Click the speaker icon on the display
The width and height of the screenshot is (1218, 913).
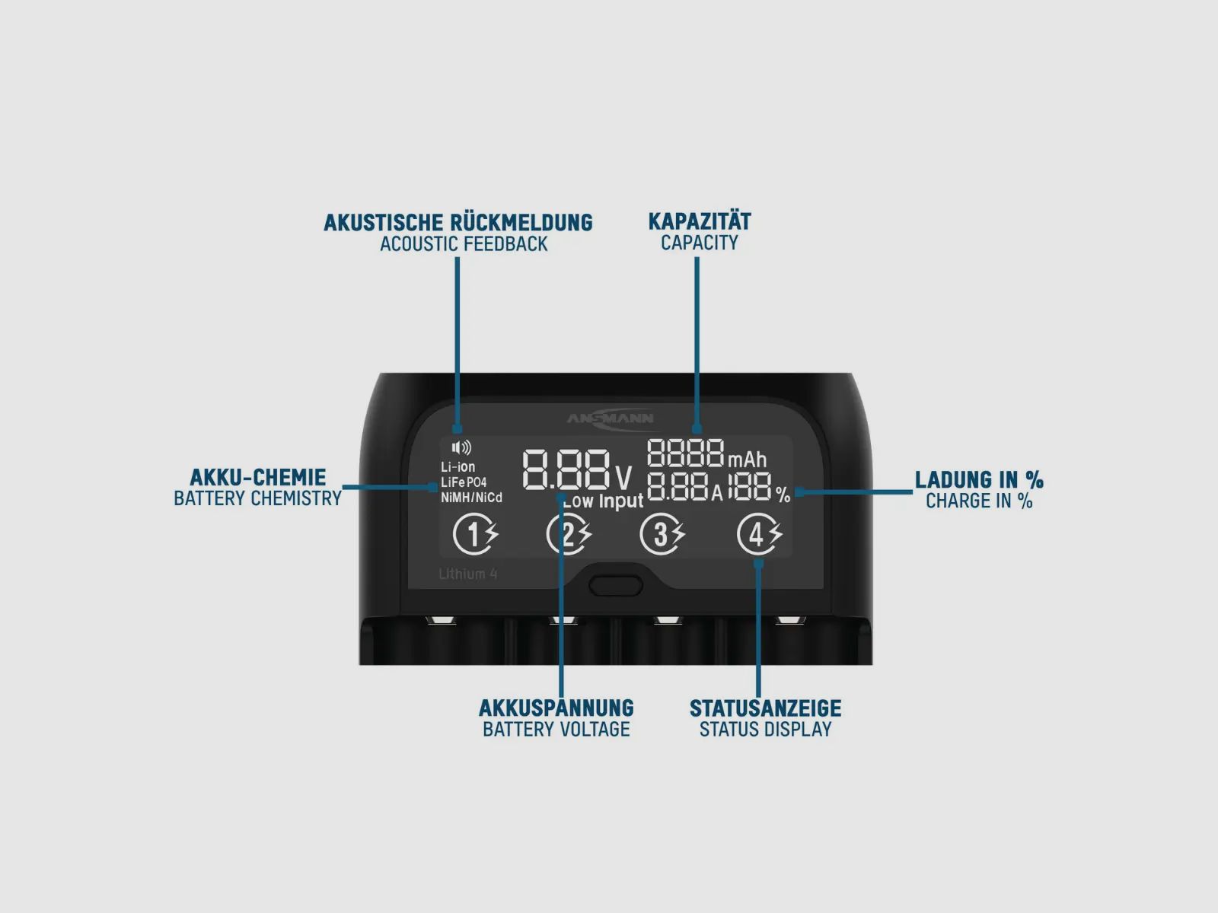click(x=461, y=447)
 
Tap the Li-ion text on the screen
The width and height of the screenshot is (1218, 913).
click(x=458, y=466)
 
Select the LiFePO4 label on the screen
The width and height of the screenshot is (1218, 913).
click(x=464, y=482)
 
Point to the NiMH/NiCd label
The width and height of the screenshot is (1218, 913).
click(x=471, y=498)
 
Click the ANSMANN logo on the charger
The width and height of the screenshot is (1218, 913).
click(x=610, y=418)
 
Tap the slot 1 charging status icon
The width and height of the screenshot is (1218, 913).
click(x=476, y=534)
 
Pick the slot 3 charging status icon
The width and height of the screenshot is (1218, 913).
click(x=662, y=534)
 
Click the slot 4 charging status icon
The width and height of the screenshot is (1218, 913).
click(x=760, y=534)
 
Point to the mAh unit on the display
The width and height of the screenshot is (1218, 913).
click(x=747, y=460)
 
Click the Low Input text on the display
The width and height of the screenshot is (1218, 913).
click(x=604, y=501)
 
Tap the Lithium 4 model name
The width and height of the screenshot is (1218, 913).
click(x=468, y=574)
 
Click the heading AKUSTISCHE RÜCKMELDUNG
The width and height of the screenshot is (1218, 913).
click(x=458, y=222)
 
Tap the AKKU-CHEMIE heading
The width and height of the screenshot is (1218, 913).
click(x=258, y=477)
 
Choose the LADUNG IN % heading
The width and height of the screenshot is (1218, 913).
click(x=979, y=479)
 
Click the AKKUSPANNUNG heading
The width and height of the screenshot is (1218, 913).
click(x=556, y=708)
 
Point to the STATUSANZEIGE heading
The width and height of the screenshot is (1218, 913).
click(x=766, y=708)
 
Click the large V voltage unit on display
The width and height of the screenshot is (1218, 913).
click(x=623, y=478)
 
